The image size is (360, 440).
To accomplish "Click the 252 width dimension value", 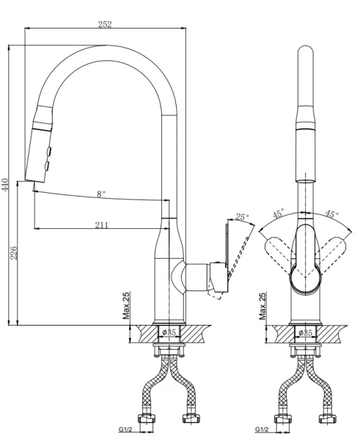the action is coord(105,24).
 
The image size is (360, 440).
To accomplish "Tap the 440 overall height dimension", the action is coord(5,184).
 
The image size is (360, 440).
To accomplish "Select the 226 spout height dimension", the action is coord(13,252).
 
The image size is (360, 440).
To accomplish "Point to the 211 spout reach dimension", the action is coord(101,225).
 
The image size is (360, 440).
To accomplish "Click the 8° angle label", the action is coord(101,194).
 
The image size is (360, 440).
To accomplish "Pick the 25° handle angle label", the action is coord(242,216).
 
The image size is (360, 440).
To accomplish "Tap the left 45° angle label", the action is coord(279,214).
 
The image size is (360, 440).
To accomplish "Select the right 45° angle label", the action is coord(331,214).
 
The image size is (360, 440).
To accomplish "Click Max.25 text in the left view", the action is coord(126,306).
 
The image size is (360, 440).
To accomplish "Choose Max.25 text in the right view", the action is coord(262,306).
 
